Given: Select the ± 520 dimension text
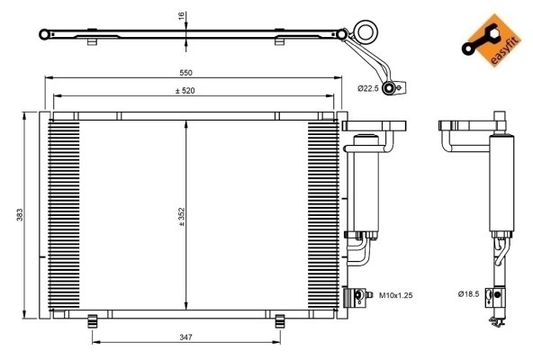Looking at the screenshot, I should (189, 92).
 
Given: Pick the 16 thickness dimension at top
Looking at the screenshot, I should (181, 16).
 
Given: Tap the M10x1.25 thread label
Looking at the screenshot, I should (394, 294).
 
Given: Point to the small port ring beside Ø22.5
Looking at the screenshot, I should (390, 87).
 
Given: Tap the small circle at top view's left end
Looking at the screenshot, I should (45, 34).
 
